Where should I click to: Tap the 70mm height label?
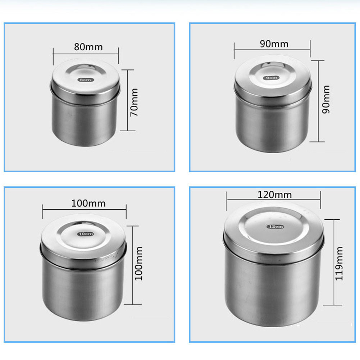(x=134, y=101)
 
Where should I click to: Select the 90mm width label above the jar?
(x=274, y=44)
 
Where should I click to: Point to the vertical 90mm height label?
(x=326, y=100)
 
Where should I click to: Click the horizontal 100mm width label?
(x=88, y=203)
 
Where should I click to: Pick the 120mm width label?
(x=275, y=195)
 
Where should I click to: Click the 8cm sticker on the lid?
(x=85, y=80)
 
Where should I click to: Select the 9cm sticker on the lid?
(x=272, y=78)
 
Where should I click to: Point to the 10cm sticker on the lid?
(x=86, y=234)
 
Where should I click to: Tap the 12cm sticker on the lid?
(x=275, y=227)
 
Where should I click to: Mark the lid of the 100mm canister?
(x=83, y=239)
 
